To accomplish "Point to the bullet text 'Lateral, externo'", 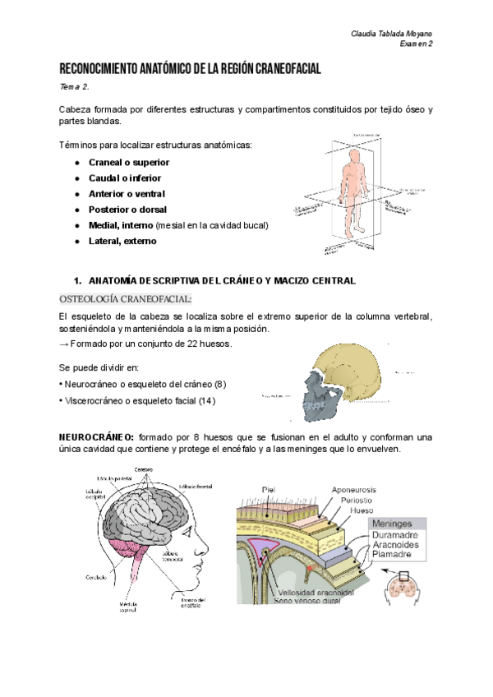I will tap(122, 241).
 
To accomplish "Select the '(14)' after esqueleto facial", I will tap(210, 399).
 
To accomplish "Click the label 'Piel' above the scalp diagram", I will tap(268, 490).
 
